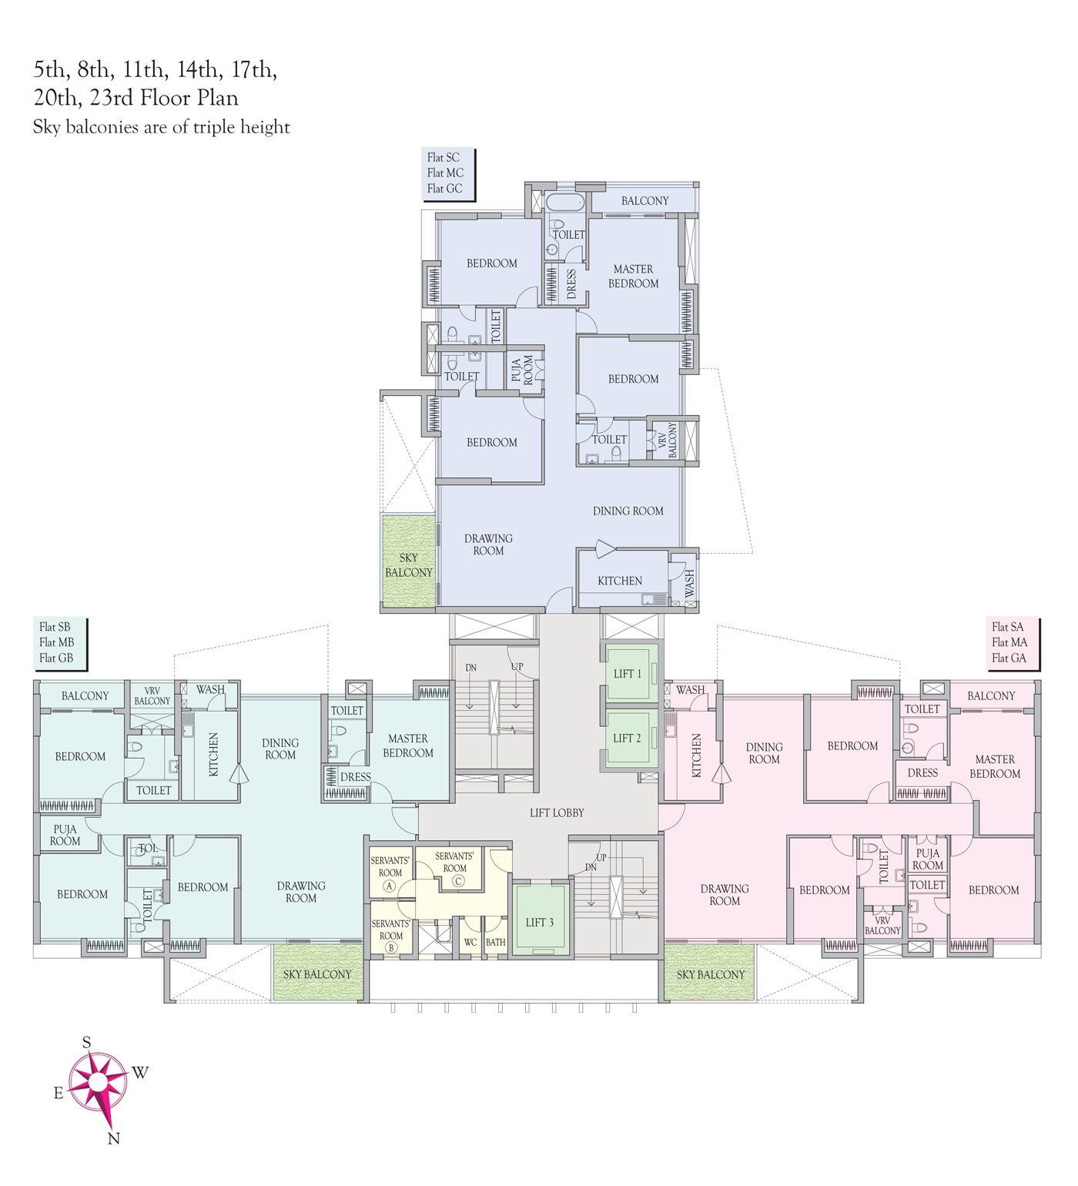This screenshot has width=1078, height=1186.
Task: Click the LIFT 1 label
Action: tap(627, 674)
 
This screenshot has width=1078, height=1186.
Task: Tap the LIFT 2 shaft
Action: tap(628, 738)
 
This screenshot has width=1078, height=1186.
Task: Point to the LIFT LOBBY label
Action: tap(557, 813)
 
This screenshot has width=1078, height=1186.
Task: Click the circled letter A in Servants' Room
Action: tap(390, 886)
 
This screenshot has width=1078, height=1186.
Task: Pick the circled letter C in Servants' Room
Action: tap(458, 881)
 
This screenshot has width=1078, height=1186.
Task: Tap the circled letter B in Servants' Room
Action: tap(391, 948)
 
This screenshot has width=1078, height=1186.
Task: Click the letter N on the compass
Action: tap(113, 1139)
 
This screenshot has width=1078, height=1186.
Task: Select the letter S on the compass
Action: tap(86, 1042)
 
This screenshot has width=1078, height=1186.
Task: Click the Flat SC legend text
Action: tap(444, 157)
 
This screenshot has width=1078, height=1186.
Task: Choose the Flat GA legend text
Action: tap(1009, 658)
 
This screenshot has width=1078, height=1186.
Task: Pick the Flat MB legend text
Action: tap(57, 642)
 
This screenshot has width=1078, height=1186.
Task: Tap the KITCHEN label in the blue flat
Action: tap(620, 581)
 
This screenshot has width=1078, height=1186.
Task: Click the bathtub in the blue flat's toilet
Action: tap(565, 203)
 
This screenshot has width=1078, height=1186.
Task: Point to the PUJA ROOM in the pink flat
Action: tap(928, 859)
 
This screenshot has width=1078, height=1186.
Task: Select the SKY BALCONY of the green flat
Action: tap(317, 975)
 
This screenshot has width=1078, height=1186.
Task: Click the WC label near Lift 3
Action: tap(470, 942)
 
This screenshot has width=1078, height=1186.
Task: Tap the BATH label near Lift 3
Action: tap(496, 942)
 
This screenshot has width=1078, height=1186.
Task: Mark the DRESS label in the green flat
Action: tap(356, 778)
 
